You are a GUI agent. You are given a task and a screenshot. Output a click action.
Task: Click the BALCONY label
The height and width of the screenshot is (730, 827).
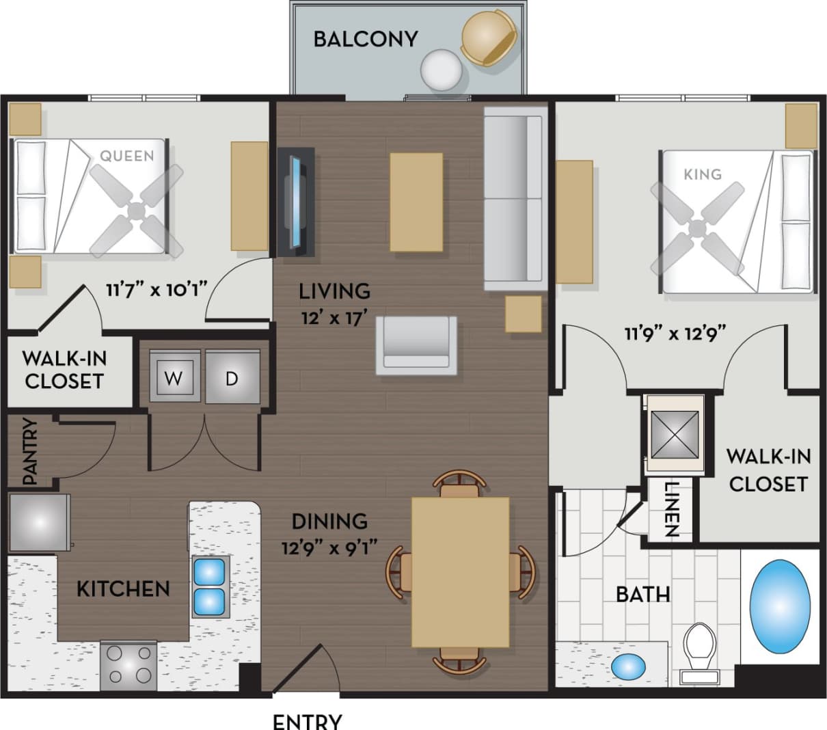[x=365, y=39]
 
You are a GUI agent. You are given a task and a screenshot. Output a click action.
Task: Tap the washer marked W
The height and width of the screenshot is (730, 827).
[x=174, y=377]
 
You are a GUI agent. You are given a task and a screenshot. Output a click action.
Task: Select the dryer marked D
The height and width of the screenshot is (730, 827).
[x=232, y=377]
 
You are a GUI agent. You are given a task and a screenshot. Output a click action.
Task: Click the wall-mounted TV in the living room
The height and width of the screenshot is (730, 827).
[x=296, y=202]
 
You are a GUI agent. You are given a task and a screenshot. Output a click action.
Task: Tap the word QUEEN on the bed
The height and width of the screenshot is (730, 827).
[x=127, y=156]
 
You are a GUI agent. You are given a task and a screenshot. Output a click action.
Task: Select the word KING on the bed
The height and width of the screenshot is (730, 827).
[x=702, y=174]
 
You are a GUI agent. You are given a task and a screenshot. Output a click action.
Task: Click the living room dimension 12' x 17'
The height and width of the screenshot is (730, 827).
[x=334, y=318]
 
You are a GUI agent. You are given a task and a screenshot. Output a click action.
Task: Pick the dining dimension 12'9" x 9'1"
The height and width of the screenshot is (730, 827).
[x=330, y=547]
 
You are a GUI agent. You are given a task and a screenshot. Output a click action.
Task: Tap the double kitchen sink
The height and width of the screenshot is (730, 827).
[x=209, y=587]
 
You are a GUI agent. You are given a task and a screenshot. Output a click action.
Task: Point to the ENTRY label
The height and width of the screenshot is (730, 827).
[x=307, y=721]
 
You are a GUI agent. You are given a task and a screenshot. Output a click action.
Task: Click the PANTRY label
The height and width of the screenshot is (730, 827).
[x=29, y=452]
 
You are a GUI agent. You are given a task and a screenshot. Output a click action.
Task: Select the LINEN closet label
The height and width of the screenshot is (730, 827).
[x=670, y=510]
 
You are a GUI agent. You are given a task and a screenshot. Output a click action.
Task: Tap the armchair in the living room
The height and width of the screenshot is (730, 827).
[x=416, y=345]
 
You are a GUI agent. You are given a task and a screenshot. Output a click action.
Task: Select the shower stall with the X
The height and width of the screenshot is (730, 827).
[x=674, y=435]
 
